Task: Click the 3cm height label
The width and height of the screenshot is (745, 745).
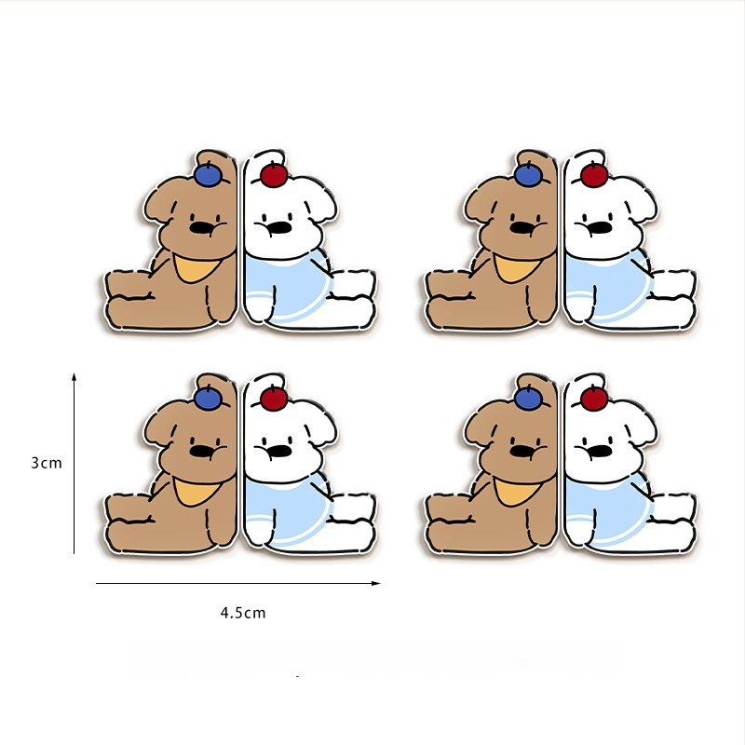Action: [47, 463]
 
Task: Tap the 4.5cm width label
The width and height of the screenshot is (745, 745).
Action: [243, 613]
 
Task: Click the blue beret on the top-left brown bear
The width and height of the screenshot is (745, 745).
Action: [208, 174]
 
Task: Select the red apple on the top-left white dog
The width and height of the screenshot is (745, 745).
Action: [274, 175]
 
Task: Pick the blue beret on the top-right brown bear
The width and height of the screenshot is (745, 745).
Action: [528, 174]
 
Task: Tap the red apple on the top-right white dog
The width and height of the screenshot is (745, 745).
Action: [594, 175]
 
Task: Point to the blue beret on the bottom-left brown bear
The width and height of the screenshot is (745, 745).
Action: [208, 398]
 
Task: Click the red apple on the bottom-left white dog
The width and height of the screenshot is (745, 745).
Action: [274, 399]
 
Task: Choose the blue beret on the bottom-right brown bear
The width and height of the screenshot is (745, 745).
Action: [528, 398]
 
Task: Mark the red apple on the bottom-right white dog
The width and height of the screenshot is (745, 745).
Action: [594, 399]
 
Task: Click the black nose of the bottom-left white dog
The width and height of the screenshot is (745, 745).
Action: [278, 451]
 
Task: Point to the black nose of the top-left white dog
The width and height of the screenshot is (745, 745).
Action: [278, 227]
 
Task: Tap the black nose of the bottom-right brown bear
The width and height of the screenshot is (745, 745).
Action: [521, 452]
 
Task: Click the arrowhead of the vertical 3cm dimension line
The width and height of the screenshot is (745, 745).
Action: [74, 377]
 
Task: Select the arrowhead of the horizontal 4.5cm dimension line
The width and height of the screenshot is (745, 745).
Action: [376, 583]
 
